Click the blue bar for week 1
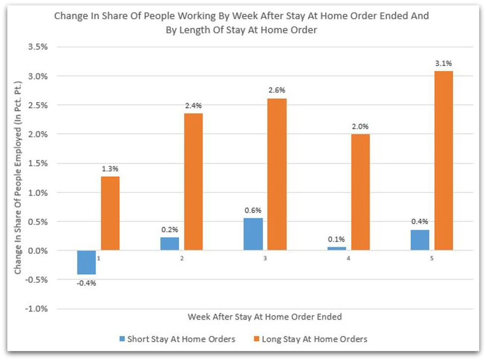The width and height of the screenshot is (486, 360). coord(86,262)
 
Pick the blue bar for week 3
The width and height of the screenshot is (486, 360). coord(253,234)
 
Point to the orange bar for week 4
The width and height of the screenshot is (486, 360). coord(361,192)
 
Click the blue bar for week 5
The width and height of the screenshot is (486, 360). coord(420,240)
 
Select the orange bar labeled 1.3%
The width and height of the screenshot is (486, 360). coord(110,213)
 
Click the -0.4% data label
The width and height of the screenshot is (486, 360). coord(86,283)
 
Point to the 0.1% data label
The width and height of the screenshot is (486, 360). coord(337,239)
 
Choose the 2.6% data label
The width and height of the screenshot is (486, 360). coord(277,90)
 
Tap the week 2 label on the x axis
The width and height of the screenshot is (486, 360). coord(182,258)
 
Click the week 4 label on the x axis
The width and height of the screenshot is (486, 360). coord(349,258)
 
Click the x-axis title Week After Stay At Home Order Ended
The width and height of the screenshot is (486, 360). coord(264,316)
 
